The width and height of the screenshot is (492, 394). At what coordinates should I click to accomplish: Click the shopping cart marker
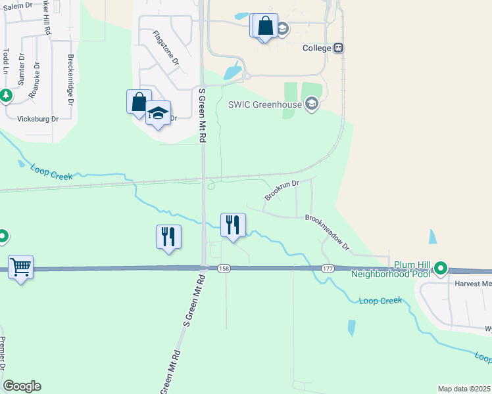(x=20, y=267)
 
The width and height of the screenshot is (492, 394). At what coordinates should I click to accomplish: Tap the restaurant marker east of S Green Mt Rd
(x=233, y=225)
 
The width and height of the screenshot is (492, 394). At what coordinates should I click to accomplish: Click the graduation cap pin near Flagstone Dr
(x=158, y=113)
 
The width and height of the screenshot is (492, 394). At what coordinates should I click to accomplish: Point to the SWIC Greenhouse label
(x=264, y=104)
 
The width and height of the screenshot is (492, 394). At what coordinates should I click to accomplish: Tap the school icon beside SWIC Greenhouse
(x=312, y=103)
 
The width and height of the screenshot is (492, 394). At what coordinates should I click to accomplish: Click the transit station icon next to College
(x=339, y=48)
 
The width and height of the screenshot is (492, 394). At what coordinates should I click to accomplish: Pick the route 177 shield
(x=328, y=269)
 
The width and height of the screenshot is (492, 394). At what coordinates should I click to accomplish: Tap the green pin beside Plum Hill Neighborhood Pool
(x=440, y=269)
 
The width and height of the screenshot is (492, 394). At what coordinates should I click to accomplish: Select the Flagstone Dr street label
(x=166, y=47)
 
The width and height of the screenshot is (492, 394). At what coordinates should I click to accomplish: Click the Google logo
(x=22, y=386)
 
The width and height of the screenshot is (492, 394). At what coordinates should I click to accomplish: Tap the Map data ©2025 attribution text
(x=464, y=389)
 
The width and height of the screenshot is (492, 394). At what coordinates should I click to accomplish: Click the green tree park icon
(x=6, y=96)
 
